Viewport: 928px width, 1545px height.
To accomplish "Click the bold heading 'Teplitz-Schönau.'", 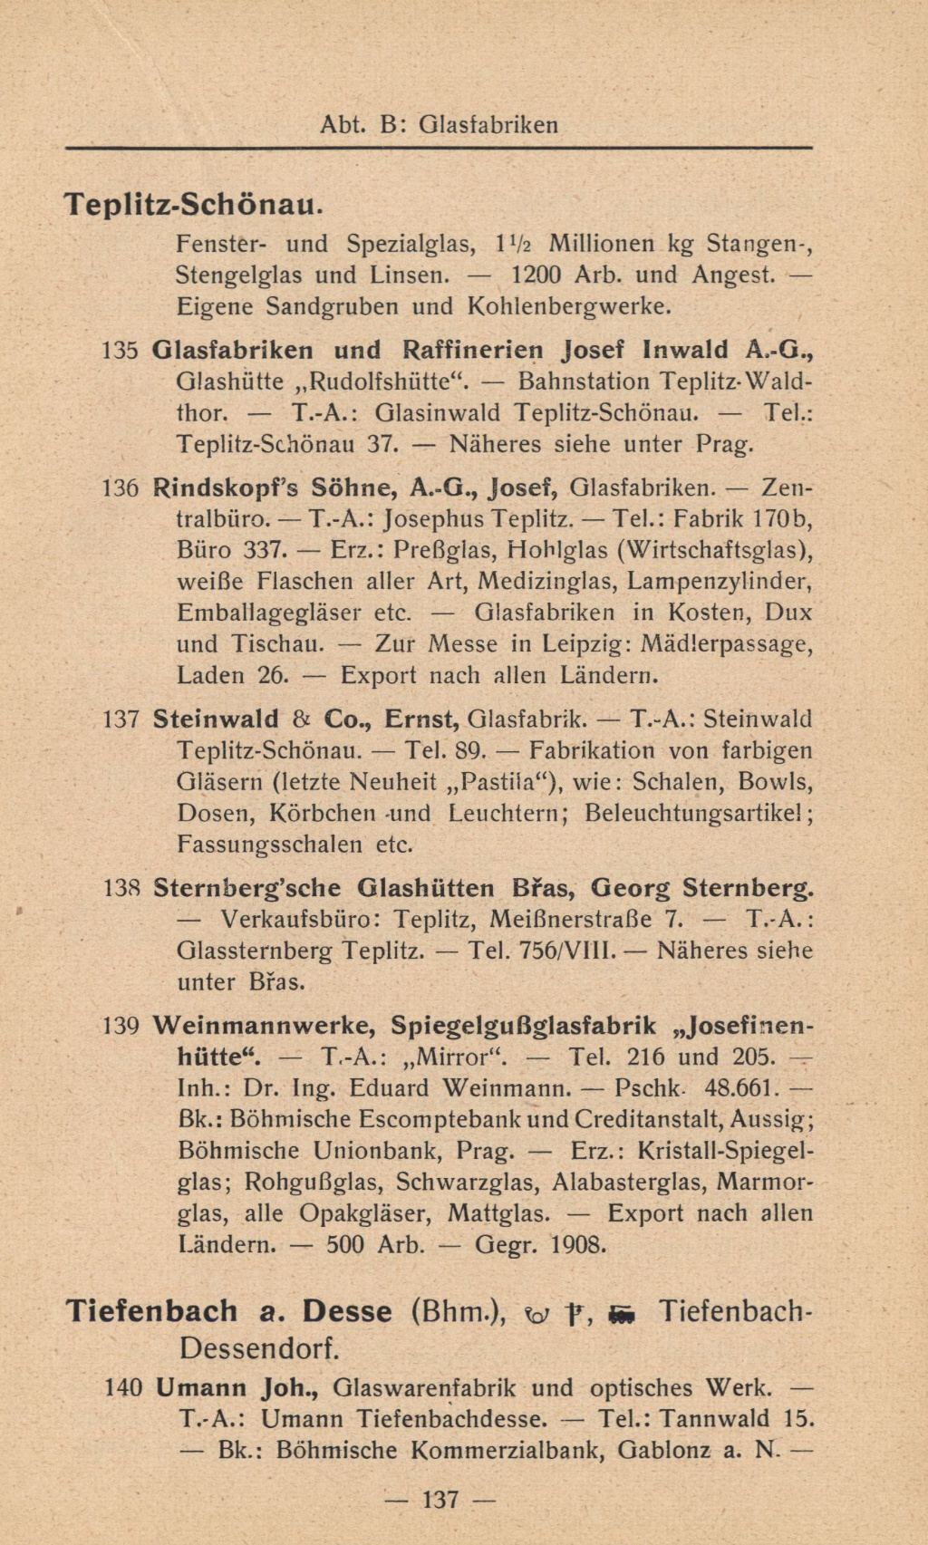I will [192, 205].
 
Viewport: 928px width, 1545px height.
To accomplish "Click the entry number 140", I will [123, 1388].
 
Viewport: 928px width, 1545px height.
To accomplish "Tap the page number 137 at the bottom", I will [441, 1500].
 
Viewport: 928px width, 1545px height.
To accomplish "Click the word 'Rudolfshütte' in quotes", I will [380, 381].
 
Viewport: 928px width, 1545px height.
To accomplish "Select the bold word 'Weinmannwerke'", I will [264, 1026].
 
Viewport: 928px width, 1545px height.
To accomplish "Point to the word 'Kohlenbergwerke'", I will [569, 305].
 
